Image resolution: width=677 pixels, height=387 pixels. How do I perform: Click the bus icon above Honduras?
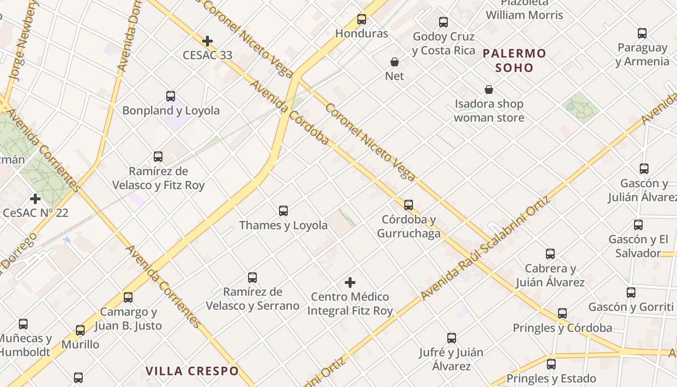tap(362, 19)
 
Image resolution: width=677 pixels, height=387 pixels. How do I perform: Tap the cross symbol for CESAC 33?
tap(207, 41)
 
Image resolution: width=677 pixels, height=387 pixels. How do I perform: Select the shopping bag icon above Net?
tap(395, 62)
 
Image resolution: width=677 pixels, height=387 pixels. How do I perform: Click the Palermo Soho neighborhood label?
tap(515, 60)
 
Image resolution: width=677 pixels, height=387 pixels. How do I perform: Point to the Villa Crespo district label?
tap(192, 371)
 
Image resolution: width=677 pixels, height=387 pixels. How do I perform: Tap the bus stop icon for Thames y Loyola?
tap(283, 211)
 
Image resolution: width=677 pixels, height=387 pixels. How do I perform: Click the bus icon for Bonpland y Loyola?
tap(171, 96)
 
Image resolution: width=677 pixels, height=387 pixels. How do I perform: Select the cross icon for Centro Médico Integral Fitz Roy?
tap(350, 283)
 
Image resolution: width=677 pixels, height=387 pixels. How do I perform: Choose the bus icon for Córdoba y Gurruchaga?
tap(409, 205)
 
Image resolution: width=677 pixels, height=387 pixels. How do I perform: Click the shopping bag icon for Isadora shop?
tap(489, 90)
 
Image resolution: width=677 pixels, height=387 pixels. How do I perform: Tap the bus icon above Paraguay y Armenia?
tap(642, 33)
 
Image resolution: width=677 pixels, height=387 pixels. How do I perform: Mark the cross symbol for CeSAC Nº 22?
tap(35, 198)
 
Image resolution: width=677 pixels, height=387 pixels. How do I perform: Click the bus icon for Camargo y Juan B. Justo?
tap(128, 298)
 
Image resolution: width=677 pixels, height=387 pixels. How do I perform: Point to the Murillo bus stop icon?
tap(80, 330)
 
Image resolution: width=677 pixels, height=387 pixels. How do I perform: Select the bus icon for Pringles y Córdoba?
tap(562, 313)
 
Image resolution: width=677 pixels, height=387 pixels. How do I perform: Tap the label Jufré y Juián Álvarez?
tap(451, 359)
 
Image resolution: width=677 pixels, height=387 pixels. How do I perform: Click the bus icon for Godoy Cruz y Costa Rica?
tap(443, 22)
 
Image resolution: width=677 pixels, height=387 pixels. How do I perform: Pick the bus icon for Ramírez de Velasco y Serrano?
tap(252, 278)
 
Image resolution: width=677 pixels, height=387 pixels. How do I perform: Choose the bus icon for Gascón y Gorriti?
tap(631, 293)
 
